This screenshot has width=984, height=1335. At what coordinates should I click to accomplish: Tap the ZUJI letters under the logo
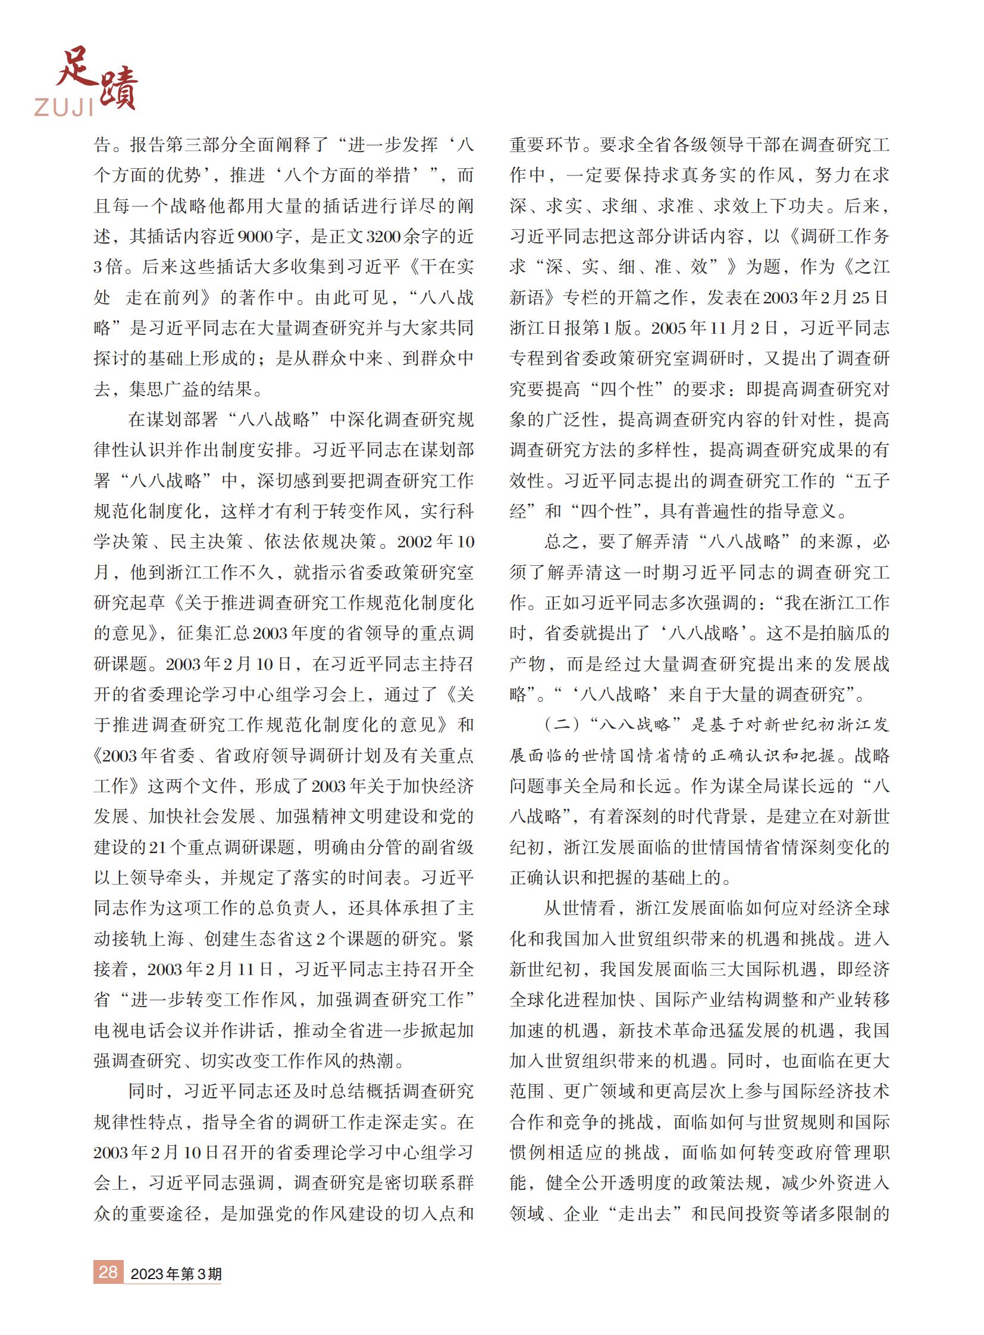click(x=64, y=107)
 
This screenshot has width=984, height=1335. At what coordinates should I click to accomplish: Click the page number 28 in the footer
click(x=108, y=1272)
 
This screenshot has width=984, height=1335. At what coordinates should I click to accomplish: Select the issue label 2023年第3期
click(x=176, y=1274)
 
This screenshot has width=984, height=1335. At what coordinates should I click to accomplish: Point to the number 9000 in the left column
click(x=256, y=237)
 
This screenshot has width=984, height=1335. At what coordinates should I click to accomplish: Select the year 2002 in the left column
click(x=415, y=541)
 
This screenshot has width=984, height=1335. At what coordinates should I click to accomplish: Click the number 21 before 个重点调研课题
click(x=156, y=847)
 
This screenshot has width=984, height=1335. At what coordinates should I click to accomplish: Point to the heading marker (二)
click(x=562, y=725)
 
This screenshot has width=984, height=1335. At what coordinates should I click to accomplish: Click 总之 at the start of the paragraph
click(x=562, y=541)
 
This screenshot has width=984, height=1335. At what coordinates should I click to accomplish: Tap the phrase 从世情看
click(x=579, y=908)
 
